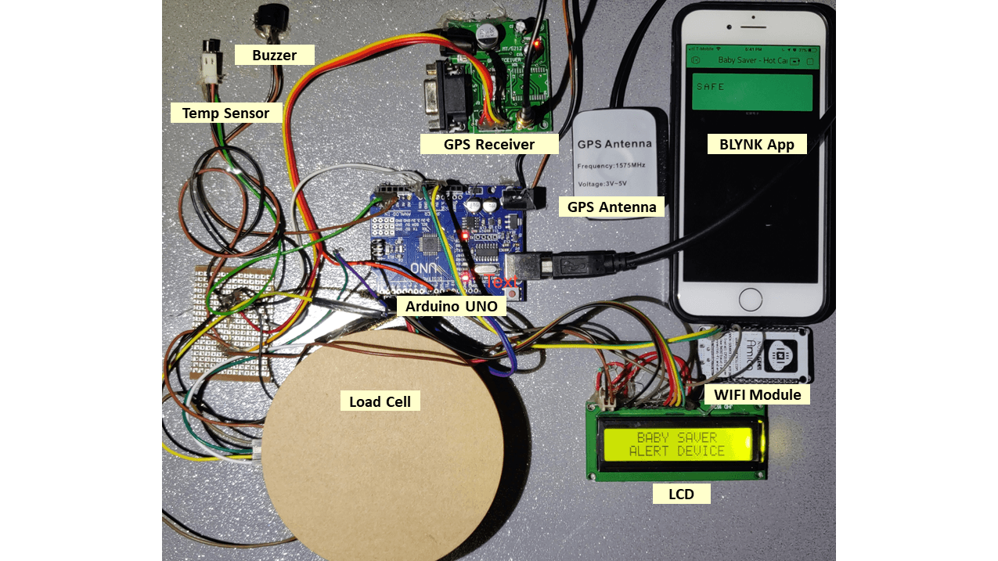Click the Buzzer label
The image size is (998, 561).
point(275,55)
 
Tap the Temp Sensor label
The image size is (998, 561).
point(225,113)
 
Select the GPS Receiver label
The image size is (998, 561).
point(489,144)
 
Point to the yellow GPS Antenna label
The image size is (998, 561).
point(611,207)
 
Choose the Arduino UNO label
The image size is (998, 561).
point(451,306)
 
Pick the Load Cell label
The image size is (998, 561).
point(380,401)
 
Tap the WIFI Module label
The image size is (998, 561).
point(757,394)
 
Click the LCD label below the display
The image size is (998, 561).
point(681,494)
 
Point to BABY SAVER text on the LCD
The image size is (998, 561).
point(677,438)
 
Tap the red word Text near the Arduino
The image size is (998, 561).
point(500,281)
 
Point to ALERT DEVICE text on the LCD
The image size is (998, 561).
point(677,451)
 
